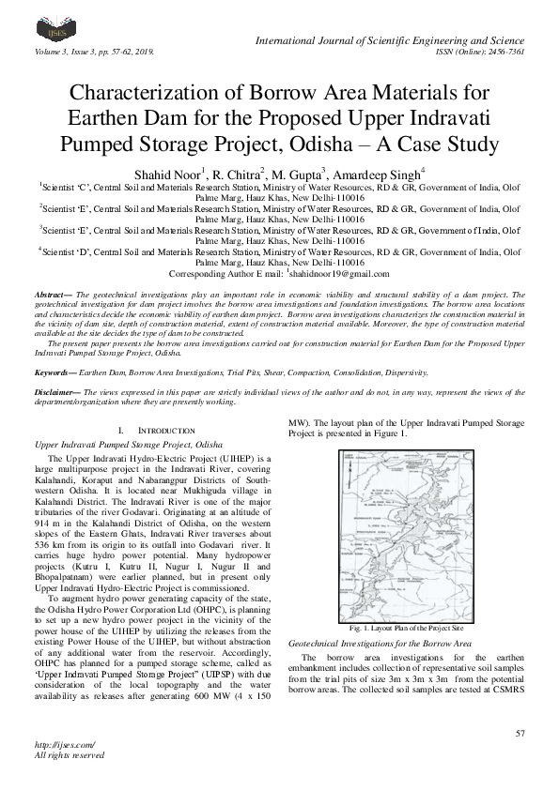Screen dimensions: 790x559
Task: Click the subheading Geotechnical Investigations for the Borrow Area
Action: coord(379,646)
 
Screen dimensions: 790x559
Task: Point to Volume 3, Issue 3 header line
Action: coord(94,53)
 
